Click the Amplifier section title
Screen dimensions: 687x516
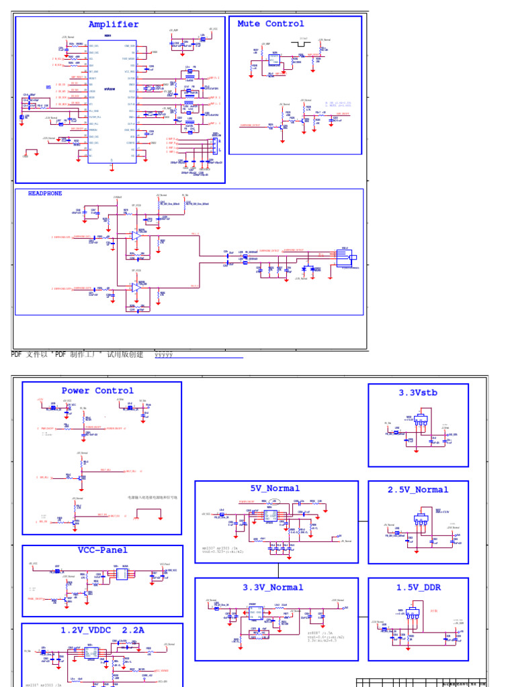[114, 25]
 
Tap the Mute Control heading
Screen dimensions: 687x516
[271, 23]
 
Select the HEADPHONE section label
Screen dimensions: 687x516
[45, 193]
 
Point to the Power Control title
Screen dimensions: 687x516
[97, 390]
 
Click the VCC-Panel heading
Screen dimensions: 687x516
[102, 550]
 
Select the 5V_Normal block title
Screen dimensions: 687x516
[275, 488]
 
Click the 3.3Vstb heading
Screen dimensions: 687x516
[418, 393]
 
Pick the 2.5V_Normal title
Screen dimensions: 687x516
[418, 490]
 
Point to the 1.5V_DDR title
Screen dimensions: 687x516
[418, 587]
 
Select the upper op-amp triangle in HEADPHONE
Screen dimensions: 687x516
[136, 235]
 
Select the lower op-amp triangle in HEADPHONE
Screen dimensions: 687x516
[136, 286]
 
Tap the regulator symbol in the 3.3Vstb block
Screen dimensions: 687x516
[421, 419]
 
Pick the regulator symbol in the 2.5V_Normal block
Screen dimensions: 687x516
[421, 517]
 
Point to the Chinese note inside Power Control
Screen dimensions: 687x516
[153, 498]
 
